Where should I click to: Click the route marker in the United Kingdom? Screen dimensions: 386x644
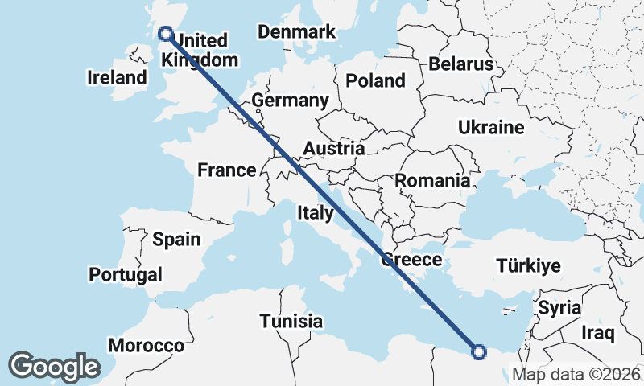coord(166,34)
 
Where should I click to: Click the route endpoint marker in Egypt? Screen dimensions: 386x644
coord(479,351)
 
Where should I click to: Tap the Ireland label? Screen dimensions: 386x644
coord(117,78)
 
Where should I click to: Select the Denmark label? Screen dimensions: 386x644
coord(296,32)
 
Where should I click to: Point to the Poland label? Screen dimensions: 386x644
coord(375,80)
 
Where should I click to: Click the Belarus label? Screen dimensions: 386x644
coord(460,64)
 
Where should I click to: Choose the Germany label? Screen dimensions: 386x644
coord(290,101)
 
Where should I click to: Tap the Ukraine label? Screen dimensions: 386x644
coord(491,128)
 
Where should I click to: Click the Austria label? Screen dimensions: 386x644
coord(334,149)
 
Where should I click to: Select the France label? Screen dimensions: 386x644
coord(227,170)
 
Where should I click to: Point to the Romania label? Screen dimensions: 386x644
coord(432,181)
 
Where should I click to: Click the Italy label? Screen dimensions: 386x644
coord(315,213)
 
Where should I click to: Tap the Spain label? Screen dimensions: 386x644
coord(176,239)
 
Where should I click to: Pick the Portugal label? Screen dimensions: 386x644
coord(126,274)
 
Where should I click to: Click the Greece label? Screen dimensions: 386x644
coord(411,260)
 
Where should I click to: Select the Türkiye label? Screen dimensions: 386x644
coord(529,266)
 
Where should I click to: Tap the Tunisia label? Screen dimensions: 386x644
coord(291,322)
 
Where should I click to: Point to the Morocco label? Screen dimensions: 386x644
coord(147,345)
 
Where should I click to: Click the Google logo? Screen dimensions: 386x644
coord(54,366)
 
